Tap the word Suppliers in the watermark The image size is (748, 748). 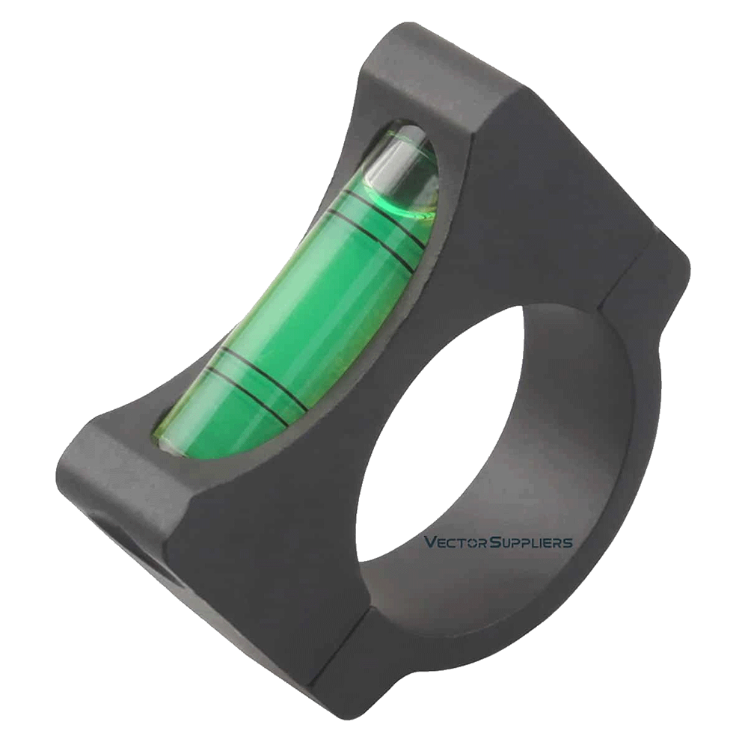tap(532, 542)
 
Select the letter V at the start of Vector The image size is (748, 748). tap(429, 542)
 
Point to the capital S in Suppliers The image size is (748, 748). tap(495, 542)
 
